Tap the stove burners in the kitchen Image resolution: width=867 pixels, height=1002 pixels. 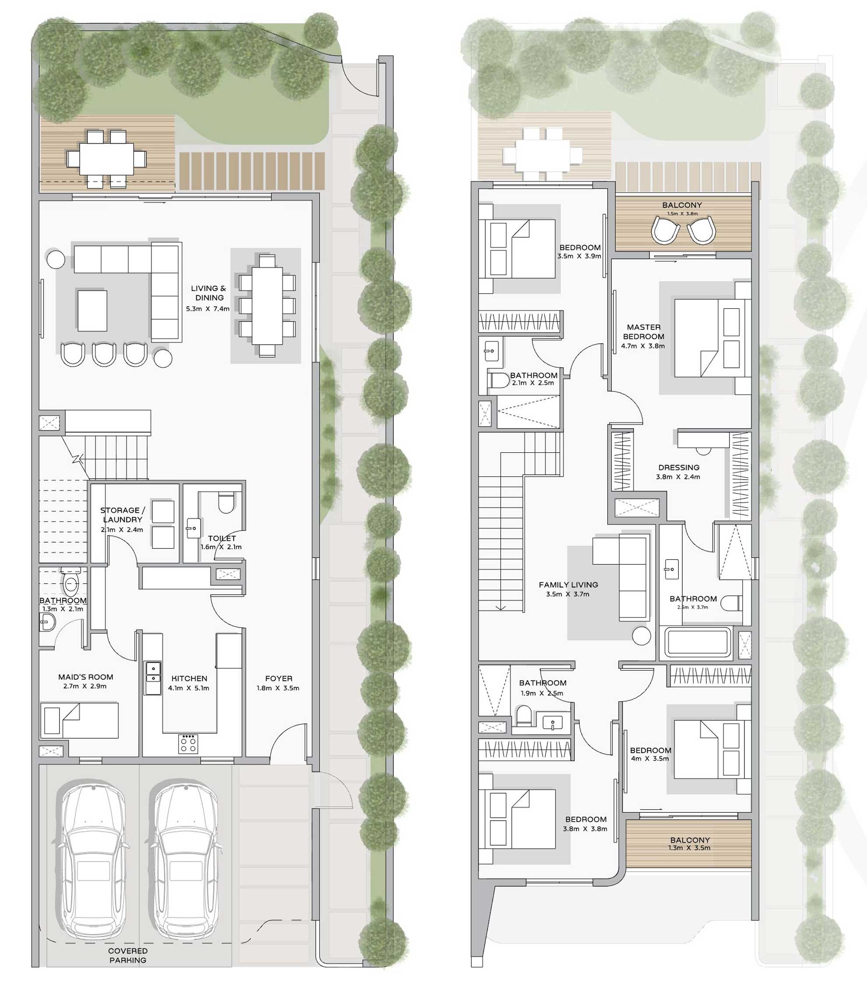(188, 744)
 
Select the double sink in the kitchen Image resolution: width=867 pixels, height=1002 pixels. (153, 677)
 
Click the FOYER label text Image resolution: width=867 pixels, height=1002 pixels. (278, 678)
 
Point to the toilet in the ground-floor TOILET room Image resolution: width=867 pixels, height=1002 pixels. (226, 503)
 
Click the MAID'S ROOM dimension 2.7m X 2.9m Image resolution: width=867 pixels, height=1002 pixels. (85, 686)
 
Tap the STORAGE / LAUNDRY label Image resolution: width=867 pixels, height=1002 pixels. (123, 515)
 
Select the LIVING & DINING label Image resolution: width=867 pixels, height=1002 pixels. (208, 293)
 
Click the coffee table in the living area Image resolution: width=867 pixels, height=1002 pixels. (92, 310)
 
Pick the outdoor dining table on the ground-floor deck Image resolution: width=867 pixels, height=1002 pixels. (106, 159)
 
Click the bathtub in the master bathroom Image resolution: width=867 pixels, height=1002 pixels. (697, 642)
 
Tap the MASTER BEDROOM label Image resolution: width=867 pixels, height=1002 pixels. (644, 332)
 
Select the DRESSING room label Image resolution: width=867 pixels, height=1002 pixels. (678, 467)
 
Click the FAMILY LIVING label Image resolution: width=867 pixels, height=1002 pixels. (568, 585)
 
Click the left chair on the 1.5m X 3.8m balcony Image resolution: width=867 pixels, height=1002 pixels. (665, 230)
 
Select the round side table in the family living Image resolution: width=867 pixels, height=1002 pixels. (641, 636)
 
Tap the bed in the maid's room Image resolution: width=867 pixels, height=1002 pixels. (79, 720)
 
